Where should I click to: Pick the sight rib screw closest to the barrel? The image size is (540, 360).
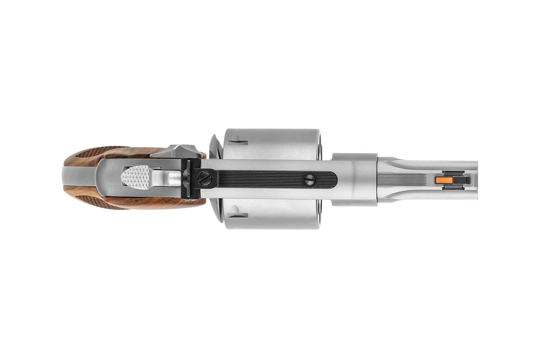coord(309,180)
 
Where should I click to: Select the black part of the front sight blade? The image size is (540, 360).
coord(458,180)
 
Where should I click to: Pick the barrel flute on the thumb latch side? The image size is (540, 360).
coord(424,164)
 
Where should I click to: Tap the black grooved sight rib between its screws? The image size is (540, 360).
coord(256,179)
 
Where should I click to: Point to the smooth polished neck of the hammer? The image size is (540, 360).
coord(168,179)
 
